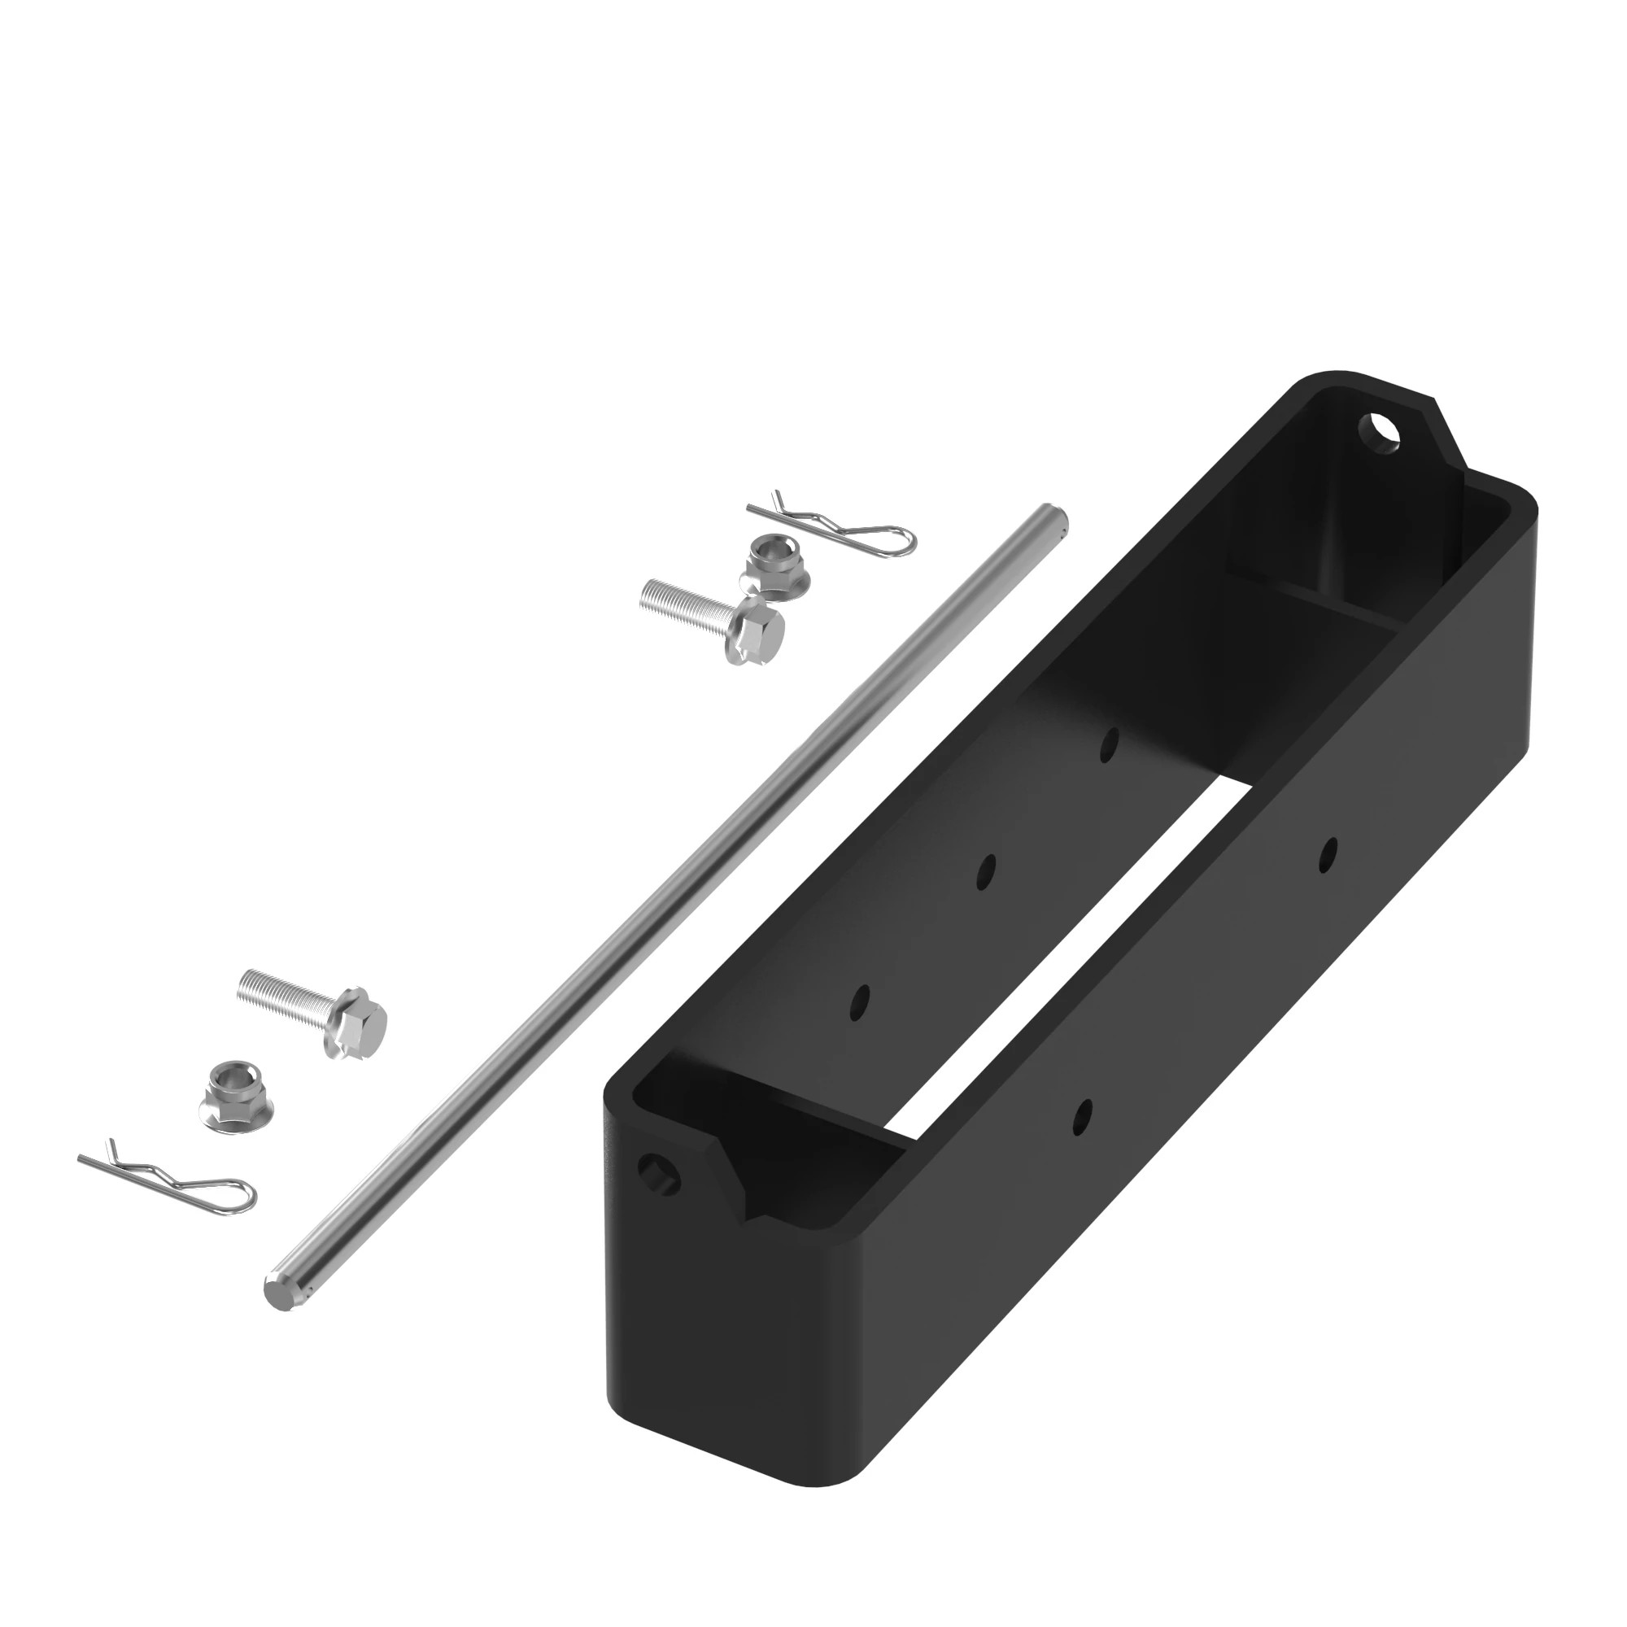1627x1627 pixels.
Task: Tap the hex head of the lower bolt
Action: point(357,1025)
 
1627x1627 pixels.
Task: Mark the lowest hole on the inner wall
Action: point(860,1002)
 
